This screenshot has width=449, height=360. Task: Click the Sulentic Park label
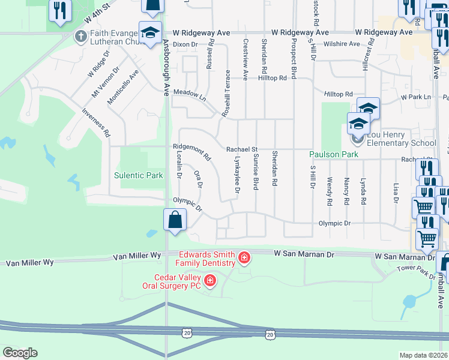point(139,176)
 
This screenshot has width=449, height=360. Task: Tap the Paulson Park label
point(334,154)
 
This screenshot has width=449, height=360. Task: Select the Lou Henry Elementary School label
point(398,143)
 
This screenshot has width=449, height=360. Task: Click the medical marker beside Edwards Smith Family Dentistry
point(244,259)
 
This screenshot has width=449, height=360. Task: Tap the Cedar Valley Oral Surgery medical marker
point(210,280)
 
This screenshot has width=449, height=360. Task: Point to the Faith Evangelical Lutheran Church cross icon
point(80,37)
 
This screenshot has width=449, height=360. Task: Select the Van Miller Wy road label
point(138,256)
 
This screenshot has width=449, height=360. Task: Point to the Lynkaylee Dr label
point(238,175)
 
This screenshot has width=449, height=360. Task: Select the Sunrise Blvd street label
point(255,174)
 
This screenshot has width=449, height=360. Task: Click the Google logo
point(20,353)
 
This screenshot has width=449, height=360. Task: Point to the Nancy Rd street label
point(347,191)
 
